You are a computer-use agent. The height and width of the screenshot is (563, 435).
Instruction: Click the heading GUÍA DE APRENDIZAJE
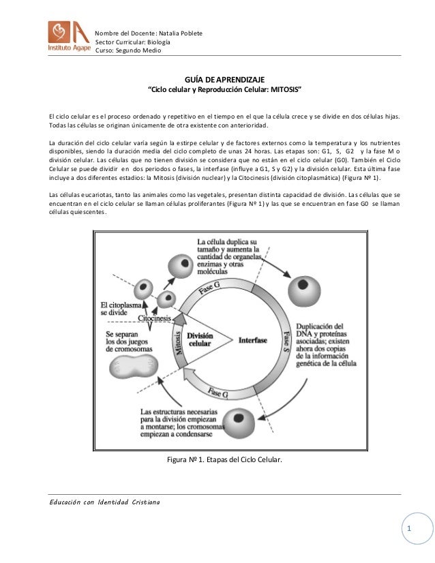pyautogui.click(x=224, y=80)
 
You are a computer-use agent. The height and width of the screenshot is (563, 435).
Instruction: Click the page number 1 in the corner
pyautogui.click(x=408, y=529)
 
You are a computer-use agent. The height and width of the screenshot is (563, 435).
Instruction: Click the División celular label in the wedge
pyautogui.click(x=200, y=339)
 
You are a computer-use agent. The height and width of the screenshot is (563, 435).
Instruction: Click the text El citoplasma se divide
pyautogui.click(x=119, y=308)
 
